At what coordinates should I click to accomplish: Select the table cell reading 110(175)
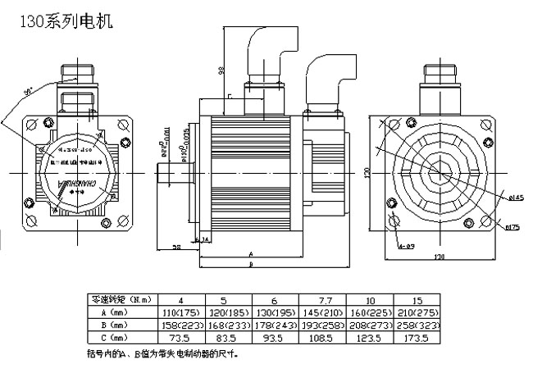pyautogui.click(x=181, y=312)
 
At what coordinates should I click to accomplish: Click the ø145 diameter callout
pyautogui.click(x=515, y=198)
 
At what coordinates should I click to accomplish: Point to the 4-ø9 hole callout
pyautogui.click(x=406, y=246)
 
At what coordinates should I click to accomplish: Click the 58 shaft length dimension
pyautogui.click(x=175, y=246)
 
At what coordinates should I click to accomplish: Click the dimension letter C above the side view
pyautogui.click(x=230, y=97)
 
